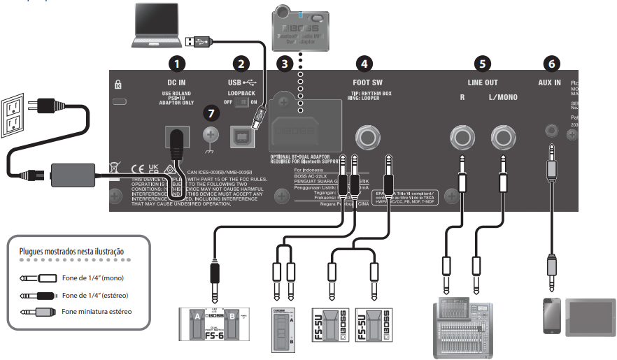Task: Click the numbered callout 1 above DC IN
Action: click(x=180, y=64)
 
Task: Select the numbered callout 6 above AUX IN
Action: click(x=552, y=64)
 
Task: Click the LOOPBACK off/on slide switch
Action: click(x=241, y=102)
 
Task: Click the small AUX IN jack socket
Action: click(x=552, y=130)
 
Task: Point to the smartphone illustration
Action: click(x=552, y=316)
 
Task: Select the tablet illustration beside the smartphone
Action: click(x=591, y=316)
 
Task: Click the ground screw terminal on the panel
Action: click(x=208, y=134)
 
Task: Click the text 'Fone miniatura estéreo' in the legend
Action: click(x=97, y=312)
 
